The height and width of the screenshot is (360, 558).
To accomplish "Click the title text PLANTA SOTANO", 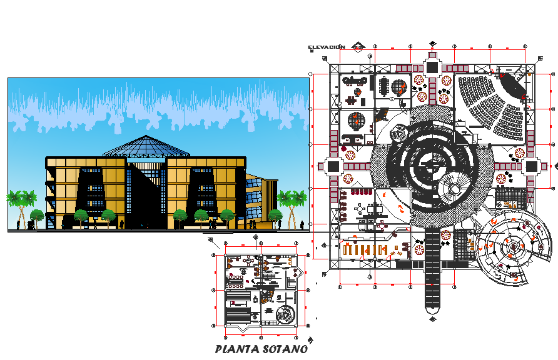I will pyautogui.click(x=260, y=349).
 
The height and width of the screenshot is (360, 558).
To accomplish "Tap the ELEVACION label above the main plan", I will pyautogui.click(x=326, y=47).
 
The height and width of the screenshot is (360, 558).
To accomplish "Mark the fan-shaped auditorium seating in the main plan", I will pyautogui.click(x=494, y=106).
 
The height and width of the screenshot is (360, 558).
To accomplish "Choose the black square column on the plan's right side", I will pyautogui.click(x=532, y=167).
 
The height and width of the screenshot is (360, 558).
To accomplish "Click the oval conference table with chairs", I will pyautogui.click(x=356, y=80).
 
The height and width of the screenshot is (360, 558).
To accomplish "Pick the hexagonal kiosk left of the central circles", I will pyautogui.click(x=397, y=132).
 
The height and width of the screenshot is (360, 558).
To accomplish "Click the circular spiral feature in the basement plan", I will pyautogui.click(x=285, y=314).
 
